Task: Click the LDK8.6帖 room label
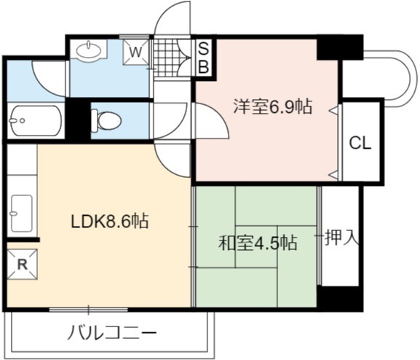point(109,221)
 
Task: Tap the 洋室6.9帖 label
point(273,106)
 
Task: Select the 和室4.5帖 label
point(258,243)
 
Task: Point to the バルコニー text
point(111,332)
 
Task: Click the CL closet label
point(360,143)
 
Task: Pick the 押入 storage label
point(341,238)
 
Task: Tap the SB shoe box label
point(204,58)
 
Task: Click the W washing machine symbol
point(136,52)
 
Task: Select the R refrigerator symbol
point(23,265)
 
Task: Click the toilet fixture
point(106,121)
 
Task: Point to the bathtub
point(36,121)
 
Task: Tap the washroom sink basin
point(89,50)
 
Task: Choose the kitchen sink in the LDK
point(22,214)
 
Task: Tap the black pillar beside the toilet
point(78,119)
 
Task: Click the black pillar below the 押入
point(340,298)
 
